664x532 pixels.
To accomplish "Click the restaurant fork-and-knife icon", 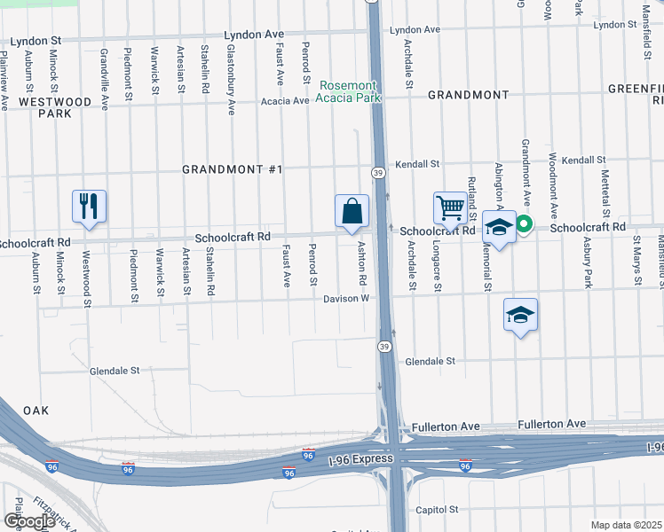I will click(x=89, y=206).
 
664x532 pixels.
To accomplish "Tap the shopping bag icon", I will click(x=352, y=211).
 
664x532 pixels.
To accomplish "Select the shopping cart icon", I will click(x=450, y=208).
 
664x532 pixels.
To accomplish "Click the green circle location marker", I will click(x=524, y=225).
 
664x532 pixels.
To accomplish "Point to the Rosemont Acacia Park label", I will click(x=352, y=91).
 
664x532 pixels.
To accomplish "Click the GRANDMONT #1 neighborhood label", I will click(x=232, y=169).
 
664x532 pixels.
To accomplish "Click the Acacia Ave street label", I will click(x=284, y=101).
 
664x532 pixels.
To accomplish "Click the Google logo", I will click(x=29, y=520).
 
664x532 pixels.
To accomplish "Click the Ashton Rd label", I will click(x=362, y=262).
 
